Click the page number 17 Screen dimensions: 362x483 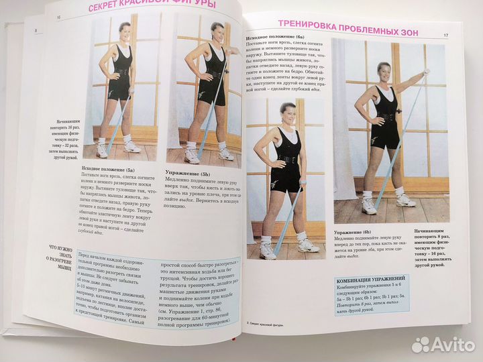[445, 35]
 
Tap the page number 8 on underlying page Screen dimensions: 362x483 [35, 29]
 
